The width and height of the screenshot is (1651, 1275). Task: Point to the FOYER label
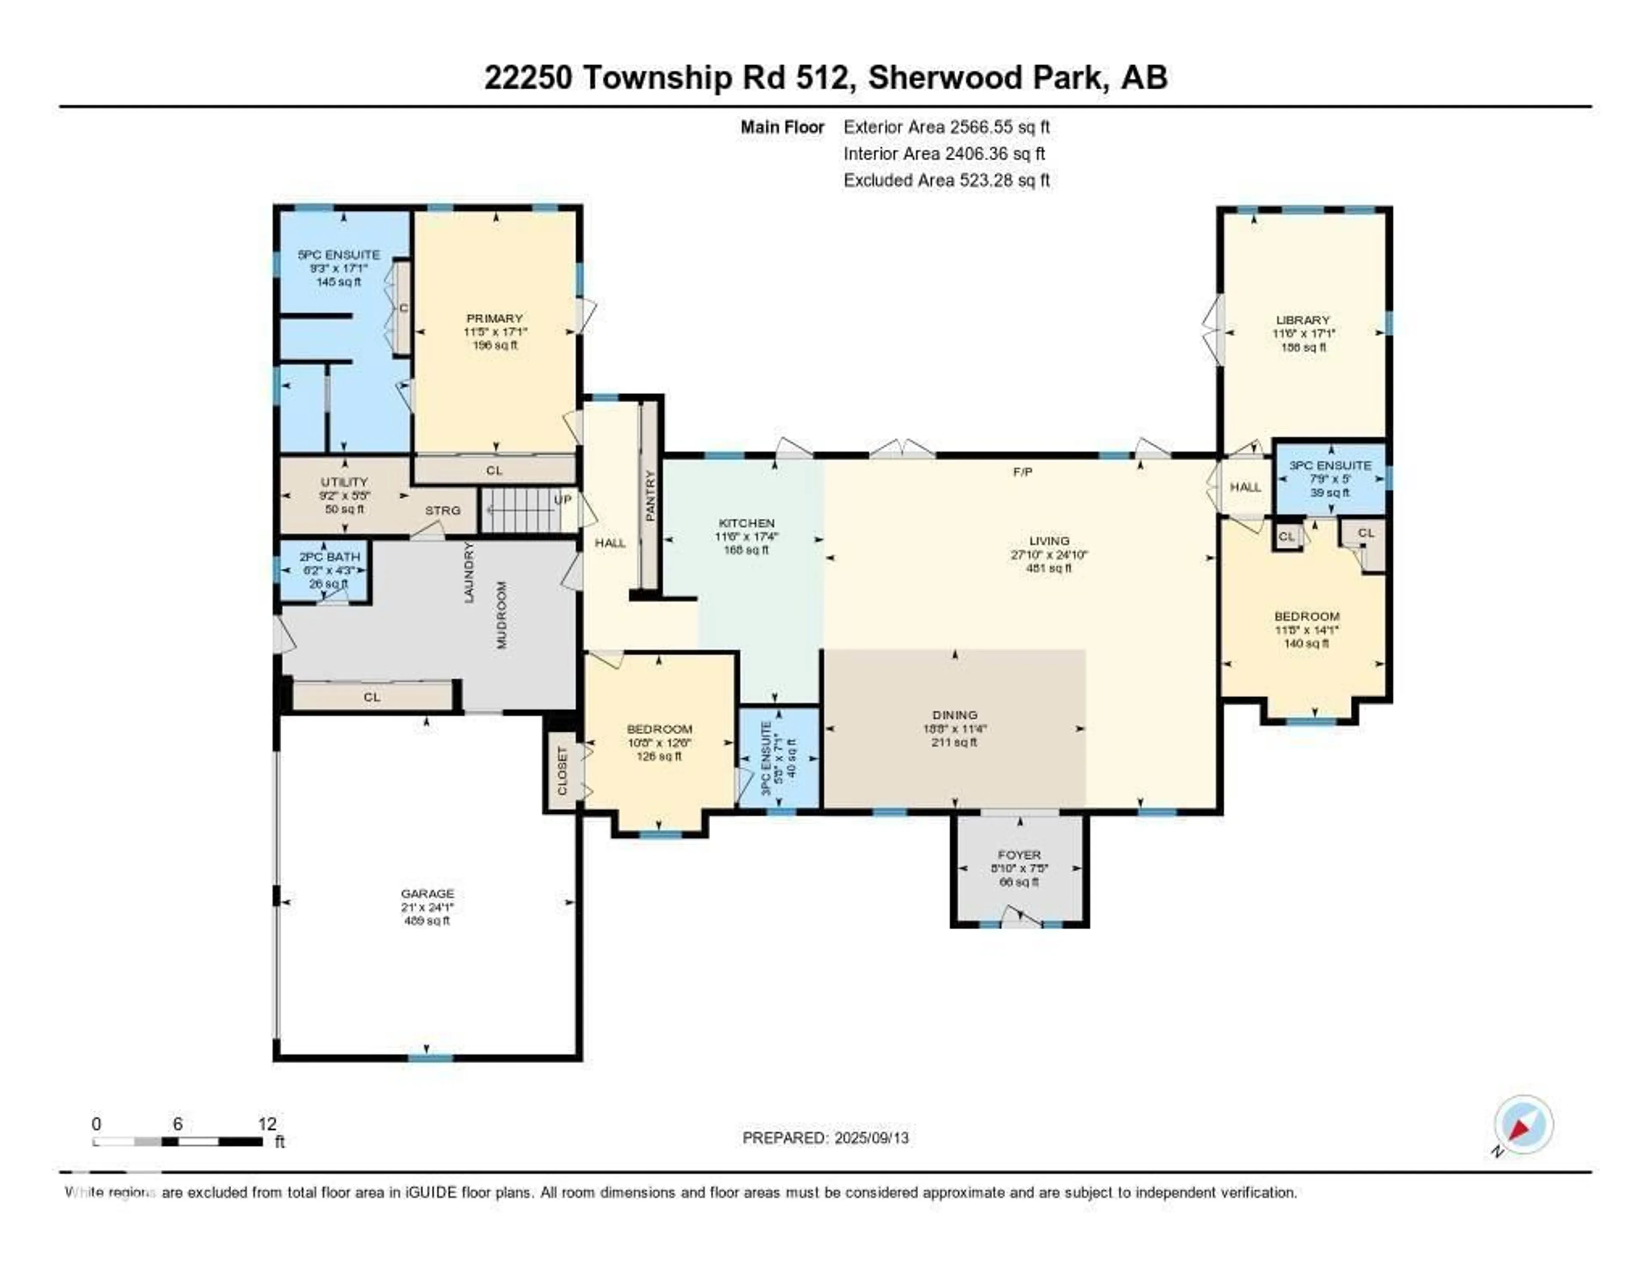coord(1019,855)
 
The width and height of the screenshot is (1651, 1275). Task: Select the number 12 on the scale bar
coord(267,1124)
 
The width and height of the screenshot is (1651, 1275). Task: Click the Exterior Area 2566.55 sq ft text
coord(946,127)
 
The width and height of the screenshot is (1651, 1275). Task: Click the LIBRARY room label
coord(1302,320)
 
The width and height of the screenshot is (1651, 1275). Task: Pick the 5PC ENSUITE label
coord(339,254)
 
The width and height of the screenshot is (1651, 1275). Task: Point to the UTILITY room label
coord(344,481)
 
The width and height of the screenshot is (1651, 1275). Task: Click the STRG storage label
coord(442,510)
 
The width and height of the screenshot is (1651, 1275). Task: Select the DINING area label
coord(955,714)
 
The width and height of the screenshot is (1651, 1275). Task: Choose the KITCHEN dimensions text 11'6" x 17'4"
coord(746,536)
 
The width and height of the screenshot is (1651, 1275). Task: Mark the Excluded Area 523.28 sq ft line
coord(946,180)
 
